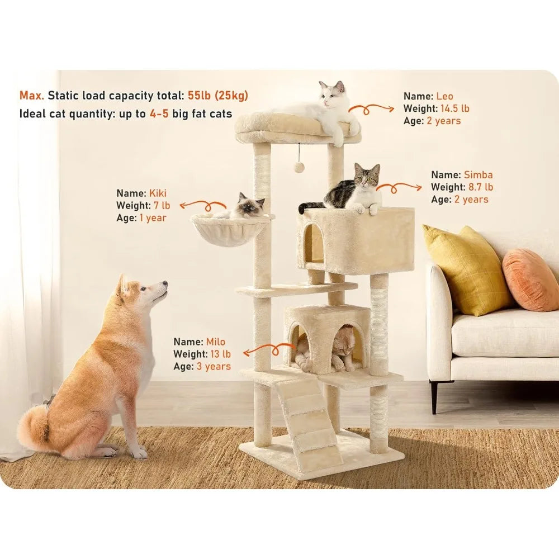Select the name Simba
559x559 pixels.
478,175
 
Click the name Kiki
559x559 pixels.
158,193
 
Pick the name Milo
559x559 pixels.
215,342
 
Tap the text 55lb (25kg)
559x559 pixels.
217,95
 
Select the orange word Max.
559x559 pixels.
31,95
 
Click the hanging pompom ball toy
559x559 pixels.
300,167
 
